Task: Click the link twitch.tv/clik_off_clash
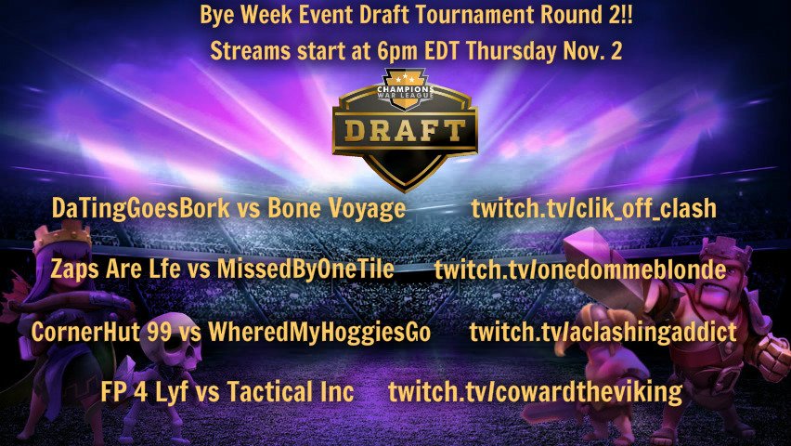click(x=593, y=209)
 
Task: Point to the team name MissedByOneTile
click(x=305, y=270)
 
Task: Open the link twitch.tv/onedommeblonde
click(x=579, y=270)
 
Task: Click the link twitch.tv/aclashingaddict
click(x=603, y=332)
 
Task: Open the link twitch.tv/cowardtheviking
click(x=535, y=392)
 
